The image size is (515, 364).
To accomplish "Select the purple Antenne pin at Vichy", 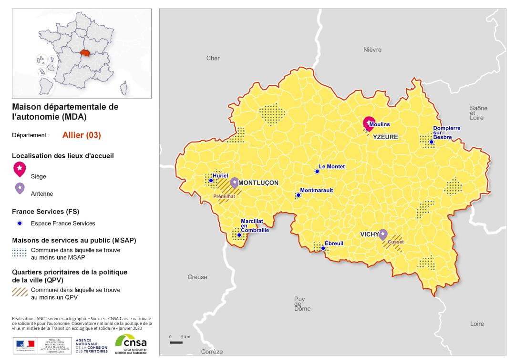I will (382, 234).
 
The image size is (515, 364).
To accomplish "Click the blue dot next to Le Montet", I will (317, 171).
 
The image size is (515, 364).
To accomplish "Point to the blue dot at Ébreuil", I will (323, 248).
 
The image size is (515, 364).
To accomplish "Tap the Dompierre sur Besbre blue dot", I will (431, 142).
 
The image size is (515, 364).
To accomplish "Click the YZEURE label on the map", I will (385, 137).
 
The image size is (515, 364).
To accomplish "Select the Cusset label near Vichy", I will (395, 242).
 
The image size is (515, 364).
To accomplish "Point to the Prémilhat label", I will (224, 196).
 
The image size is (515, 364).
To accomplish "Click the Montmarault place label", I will (317, 190).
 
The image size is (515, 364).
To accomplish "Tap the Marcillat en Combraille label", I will (255, 225).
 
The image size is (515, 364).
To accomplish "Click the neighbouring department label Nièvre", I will (373, 50).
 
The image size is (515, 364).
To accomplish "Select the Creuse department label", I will (197, 277).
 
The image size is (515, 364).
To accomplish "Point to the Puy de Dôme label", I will (302, 303).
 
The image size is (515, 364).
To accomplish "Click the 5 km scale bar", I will (176, 342).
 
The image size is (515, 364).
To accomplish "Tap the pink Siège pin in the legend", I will (20, 168).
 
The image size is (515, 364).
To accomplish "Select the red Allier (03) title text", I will (82, 135).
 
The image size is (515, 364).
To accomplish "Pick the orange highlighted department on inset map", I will (85, 53).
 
